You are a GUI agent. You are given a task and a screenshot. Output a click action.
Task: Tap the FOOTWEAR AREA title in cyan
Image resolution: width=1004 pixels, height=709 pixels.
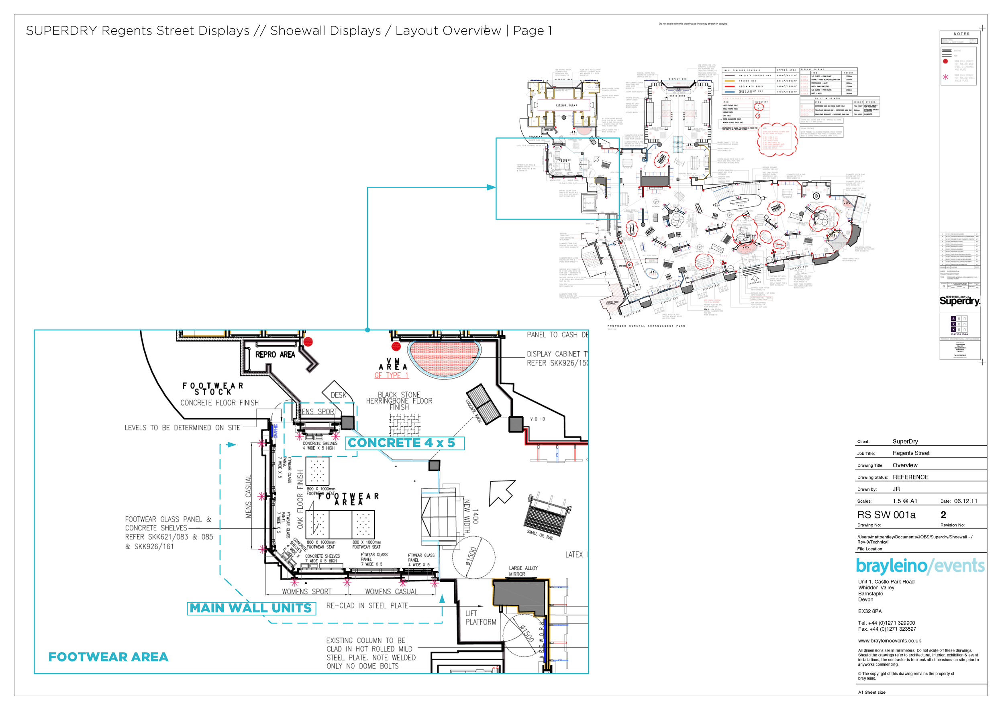[x=108, y=656]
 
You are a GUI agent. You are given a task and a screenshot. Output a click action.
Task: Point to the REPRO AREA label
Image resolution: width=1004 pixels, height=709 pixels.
[x=275, y=354]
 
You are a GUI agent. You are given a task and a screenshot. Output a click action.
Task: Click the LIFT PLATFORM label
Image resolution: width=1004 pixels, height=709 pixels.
[x=480, y=617]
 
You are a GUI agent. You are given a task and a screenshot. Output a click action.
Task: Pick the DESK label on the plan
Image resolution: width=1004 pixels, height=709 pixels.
[x=338, y=395]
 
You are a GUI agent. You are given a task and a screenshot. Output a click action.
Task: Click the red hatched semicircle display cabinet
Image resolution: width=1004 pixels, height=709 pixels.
[x=444, y=357]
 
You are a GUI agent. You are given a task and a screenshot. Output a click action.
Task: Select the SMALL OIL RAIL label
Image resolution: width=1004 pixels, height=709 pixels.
[x=540, y=535]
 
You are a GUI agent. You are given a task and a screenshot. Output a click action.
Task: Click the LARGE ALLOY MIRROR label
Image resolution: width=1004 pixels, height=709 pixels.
[x=523, y=571]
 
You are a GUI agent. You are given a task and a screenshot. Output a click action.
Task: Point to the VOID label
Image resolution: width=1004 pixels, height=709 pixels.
[x=537, y=419]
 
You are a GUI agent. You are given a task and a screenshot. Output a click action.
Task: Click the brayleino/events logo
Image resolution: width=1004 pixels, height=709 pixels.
[x=920, y=566]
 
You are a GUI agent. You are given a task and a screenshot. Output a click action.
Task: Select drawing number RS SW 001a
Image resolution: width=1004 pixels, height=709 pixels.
[x=886, y=515]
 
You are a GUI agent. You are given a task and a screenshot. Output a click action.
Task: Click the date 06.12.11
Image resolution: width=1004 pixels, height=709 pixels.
[x=965, y=501]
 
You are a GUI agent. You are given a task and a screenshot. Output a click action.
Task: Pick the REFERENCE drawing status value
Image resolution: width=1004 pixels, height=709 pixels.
[x=910, y=477]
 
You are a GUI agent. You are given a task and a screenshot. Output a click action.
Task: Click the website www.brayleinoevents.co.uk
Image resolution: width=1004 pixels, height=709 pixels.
[x=890, y=640]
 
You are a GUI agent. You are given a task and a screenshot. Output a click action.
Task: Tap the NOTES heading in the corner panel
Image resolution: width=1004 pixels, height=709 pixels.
[x=961, y=34]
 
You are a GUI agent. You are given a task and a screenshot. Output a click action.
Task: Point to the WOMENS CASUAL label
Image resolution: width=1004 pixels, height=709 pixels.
[x=391, y=591]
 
